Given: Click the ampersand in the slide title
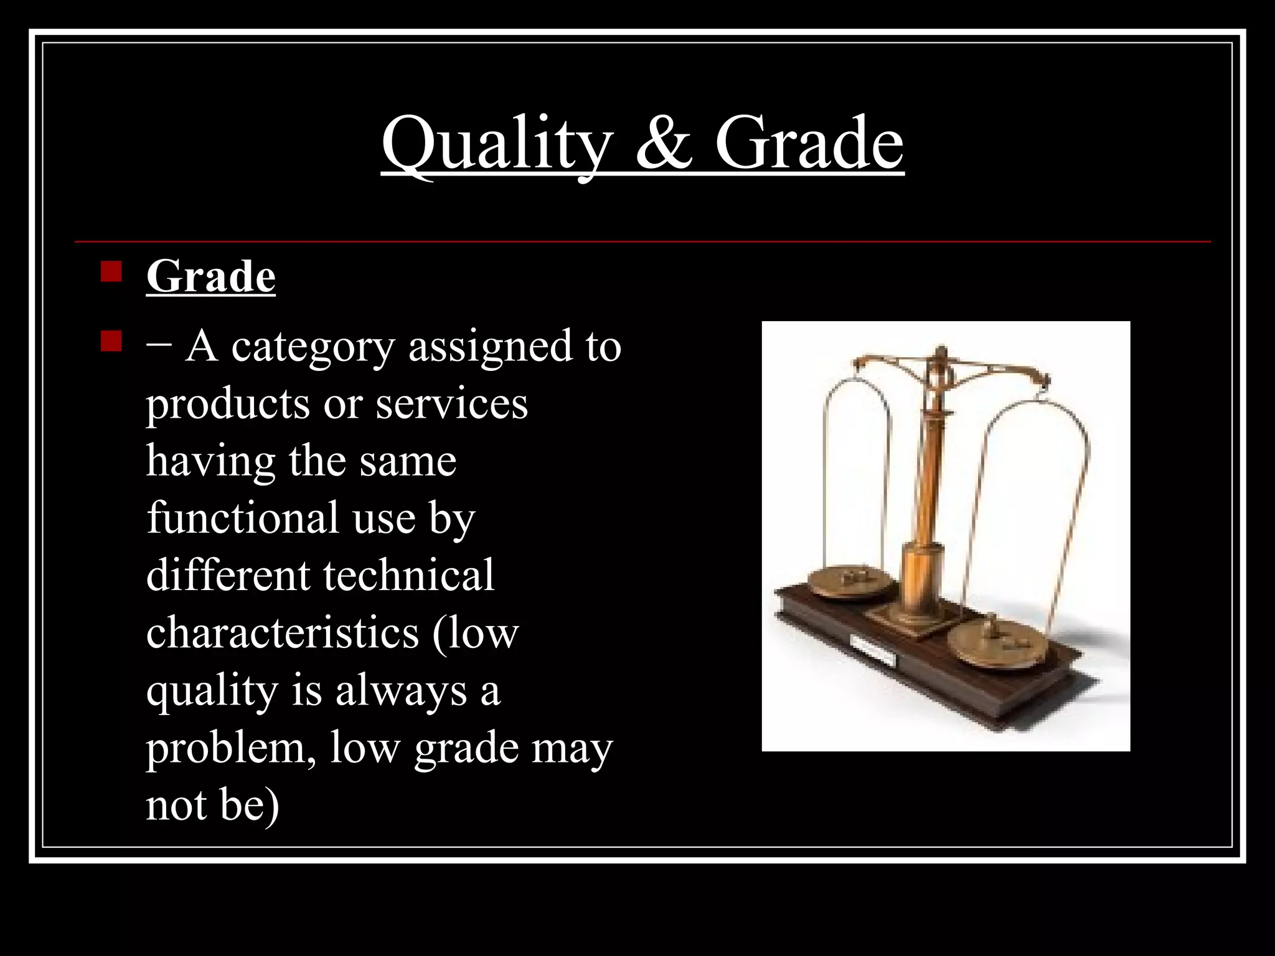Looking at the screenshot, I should click(664, 144).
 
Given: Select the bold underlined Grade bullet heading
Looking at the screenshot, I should click(210, 276).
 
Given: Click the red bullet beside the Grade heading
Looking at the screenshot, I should click(111, 273).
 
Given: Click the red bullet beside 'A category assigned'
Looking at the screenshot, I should click(111, 341).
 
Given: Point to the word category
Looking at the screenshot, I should click(313, 347).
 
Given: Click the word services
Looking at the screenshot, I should click(451, 405).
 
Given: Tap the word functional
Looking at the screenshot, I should click(243, 518).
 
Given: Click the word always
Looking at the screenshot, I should click(401, 691).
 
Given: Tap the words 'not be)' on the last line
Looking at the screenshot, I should click(213, 805).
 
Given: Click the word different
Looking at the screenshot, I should click(228, 575).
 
